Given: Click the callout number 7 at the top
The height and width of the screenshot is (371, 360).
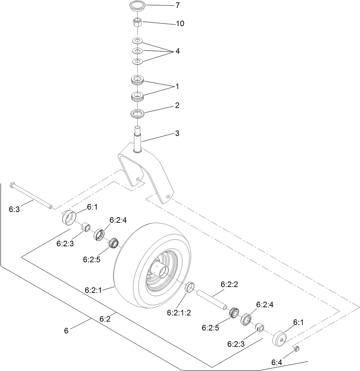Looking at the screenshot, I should (178, 6).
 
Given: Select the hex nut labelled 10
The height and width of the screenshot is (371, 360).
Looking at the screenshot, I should (137, 24).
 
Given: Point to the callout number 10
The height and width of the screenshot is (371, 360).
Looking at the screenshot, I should (180, 24).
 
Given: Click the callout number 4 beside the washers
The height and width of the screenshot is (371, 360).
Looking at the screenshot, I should (177, 51).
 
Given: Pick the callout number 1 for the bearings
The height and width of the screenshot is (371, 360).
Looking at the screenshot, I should (177, 87).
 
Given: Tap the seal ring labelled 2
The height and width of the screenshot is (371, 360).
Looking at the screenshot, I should (137, 113).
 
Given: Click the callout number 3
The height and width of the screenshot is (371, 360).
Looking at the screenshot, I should (177, 133).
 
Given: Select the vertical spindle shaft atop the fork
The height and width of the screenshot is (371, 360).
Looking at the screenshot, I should (138, 140).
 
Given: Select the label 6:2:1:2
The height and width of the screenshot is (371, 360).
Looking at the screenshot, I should (179, 312).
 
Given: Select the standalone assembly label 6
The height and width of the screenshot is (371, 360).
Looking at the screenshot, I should (66, 330).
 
